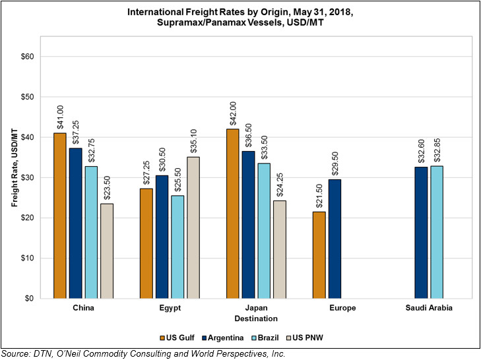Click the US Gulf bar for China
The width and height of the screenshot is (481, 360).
pyautogui.click(x=60, y=216)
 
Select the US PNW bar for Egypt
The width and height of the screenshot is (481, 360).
pyautogui.click(x=193, y=227)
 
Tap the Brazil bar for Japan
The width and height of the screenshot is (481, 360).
pyautogui.click(x=264, y=231)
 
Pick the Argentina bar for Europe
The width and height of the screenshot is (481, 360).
pyautogui.click(x=335, y=239)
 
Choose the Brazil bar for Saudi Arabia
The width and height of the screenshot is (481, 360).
pyautogui.click(x=437, y=232)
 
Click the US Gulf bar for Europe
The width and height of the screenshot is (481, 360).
pyautogui.click(x=319, y=255)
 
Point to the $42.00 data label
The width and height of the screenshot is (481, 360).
pyautogui.click(x=233, y=113)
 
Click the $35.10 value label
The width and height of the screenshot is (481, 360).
pyautogui.click(x=193, y=141)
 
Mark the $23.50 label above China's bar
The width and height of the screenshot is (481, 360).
pyautogui.click(x=107, y=188)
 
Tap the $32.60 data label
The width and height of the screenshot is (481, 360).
pyautogui.click(x=421, y=151)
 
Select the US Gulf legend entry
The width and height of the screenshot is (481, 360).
pyautogui.click(x=177, y=338)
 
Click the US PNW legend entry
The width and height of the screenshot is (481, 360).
pyautogui.click(x=304, y=338)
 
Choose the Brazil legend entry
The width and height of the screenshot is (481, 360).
pyautogui.click(x=265, y=338)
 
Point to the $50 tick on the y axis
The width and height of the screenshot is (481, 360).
pyautogui.click(x=27, y=97)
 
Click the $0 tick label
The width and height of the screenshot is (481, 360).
pyautogui.click(x=29, y=299)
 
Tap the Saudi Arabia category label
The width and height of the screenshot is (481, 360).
pyautogui.click(x=429, y=307)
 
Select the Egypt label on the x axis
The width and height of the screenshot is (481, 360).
pyautogui.click(x=170, y=308)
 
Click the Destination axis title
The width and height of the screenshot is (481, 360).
pyautogui.click(x=256, y=318)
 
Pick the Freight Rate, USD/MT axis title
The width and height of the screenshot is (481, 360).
pyautogui.click(x=15, y=167)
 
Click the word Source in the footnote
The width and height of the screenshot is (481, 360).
pyautogui.click(x=16, y=354)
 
